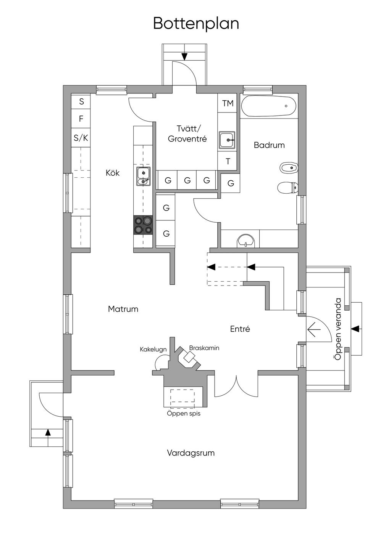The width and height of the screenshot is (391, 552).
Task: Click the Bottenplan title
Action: pos(196,23)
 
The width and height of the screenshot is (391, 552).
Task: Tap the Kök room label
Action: pos(113,173)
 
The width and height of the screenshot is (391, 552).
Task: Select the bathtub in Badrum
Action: pos(269,106)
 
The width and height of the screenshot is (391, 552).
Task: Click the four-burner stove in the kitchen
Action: pos(143,225)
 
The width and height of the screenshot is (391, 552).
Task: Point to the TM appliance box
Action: pos(228,103)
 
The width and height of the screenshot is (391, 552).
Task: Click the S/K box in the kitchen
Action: pos(81,138)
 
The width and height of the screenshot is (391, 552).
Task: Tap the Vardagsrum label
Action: pos(191,453)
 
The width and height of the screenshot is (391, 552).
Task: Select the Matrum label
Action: pos(123,309)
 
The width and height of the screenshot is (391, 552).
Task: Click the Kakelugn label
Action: pos(153,349)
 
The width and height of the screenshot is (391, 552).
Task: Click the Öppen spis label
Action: pos(184,413)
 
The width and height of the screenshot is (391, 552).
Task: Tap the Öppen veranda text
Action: pos(337,329)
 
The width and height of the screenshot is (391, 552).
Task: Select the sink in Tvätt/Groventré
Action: pos(228,140)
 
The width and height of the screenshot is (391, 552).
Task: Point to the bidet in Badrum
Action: pos(289,167)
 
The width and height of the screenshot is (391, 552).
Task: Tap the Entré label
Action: pos(240,329)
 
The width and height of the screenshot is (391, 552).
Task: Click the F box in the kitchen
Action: pos(81,119)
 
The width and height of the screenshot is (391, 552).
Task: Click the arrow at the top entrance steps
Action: pos(184,56)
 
